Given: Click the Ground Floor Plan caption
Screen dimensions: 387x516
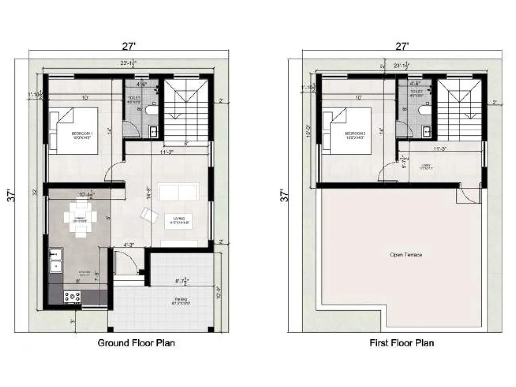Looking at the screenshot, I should (136, 343).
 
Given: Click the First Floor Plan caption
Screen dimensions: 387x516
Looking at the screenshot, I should (402, 343).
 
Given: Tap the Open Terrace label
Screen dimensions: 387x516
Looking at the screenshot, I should (406, 255).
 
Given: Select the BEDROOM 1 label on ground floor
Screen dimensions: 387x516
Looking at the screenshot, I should (82, 135).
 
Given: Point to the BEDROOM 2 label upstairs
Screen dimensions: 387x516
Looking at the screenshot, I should (355, 135).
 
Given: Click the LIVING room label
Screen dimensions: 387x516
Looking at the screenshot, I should (178, 221).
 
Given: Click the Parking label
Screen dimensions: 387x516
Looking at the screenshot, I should (179, 301).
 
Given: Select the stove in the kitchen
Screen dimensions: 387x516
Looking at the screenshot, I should (73, 296).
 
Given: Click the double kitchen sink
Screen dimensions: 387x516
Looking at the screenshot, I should (56, 261).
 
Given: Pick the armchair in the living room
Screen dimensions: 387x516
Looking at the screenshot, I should (150, 215).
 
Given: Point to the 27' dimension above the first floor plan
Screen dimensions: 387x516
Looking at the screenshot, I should (402, 46).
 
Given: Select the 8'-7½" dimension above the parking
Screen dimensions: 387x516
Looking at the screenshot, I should (182, 281).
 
